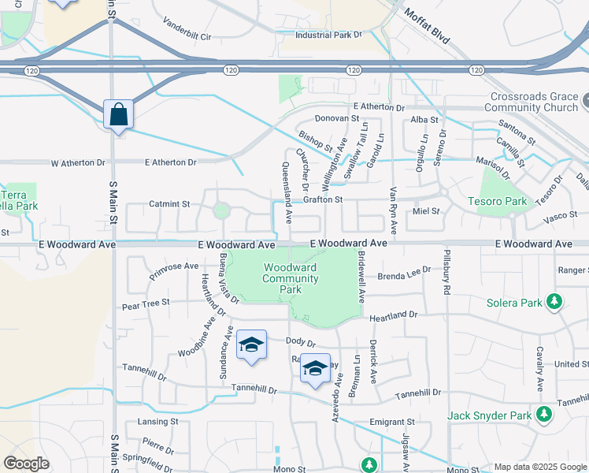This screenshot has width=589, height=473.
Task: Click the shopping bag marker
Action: tap(118, 115)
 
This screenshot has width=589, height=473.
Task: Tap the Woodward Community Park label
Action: tap(291, 278)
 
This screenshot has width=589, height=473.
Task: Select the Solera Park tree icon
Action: tap(555, 301)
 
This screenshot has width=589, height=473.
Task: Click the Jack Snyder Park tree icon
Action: tap(544, 414)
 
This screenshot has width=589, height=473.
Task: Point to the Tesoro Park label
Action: tap(503, 201)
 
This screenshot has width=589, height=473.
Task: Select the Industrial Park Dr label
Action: tap(328, 35)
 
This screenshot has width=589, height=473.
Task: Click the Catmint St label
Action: tap(169, 203)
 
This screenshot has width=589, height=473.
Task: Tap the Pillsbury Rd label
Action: tap(446, 274)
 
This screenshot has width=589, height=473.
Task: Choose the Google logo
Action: tap(26, 464)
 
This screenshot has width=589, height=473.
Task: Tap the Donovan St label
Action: tap(336, 119)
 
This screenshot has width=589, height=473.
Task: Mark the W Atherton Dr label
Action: tap(78, 162)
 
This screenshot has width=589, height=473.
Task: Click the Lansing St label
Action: tap(153, 422)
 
